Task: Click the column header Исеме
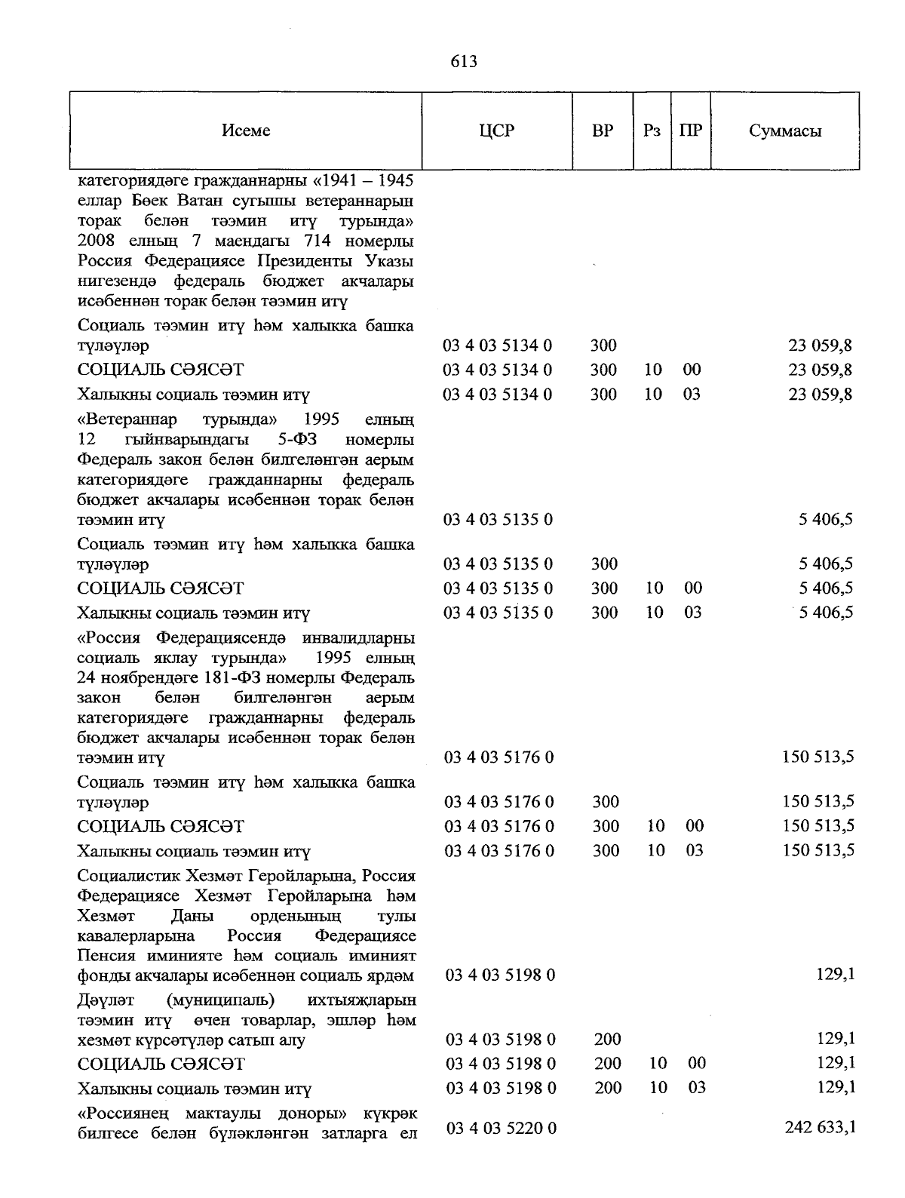coord(246,131)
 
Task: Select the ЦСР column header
coord(496,131)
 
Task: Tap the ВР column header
coord(602,131)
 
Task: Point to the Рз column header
coord(652,131)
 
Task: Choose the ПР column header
coord(690,131)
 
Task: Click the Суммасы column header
coord(785,131)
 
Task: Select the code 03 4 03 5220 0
coord(502,1128)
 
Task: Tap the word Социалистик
coord(130,876)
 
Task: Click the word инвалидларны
coord(358,638)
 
